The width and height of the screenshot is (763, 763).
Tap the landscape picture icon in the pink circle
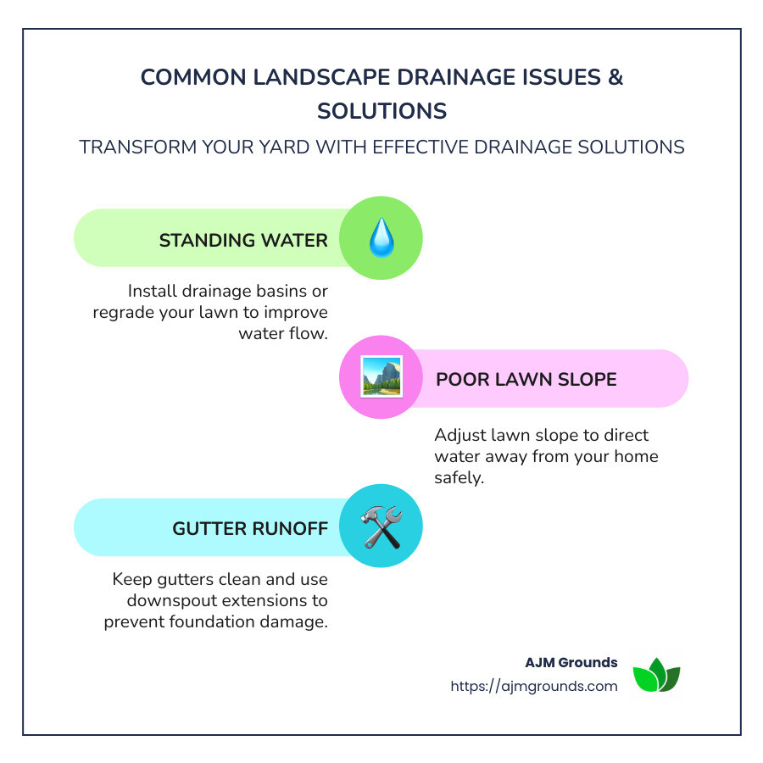click(381, 378)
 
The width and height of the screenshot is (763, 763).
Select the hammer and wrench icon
click(381, 527)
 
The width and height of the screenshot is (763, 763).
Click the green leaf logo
click(657, 676)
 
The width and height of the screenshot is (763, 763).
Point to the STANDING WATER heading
click(243, 240)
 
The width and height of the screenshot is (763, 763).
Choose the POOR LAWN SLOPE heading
click(526, 378)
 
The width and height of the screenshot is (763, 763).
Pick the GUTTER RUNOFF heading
click(250, 528)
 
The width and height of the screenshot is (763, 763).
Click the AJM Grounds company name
click(571, 662)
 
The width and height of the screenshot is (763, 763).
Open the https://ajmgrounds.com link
click(534, 686)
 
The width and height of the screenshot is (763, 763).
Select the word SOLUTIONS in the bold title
click(381, 111)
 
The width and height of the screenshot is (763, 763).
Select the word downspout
click(160, 600)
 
